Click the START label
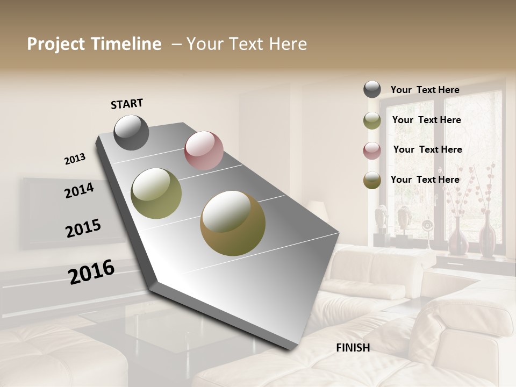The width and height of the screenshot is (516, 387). pos(127,104)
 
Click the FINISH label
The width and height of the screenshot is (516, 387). pos(353,348)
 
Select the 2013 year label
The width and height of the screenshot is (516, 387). pos(75,159)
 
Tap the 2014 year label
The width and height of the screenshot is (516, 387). pos(79,190)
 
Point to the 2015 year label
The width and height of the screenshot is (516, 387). pos(83,228)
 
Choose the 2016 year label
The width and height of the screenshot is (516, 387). pos(91,271)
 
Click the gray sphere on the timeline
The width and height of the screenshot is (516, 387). pos(132,132)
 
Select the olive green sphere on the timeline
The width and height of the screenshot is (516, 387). pos(156,193)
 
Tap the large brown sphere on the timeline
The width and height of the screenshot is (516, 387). pos(233,223)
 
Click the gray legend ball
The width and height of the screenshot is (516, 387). pos(372,90)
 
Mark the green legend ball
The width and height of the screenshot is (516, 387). pos(372,120)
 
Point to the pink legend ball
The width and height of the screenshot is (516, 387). pos(372,150)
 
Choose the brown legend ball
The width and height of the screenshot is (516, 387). pos(372,181)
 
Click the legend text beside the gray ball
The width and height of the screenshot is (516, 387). pos(425,90)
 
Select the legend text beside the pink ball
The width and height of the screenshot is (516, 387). pos(427,149)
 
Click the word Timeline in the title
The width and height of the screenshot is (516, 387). pos(126,44)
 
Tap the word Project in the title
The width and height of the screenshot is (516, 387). pos(56,44)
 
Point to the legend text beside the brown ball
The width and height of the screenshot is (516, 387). pos(425,180)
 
